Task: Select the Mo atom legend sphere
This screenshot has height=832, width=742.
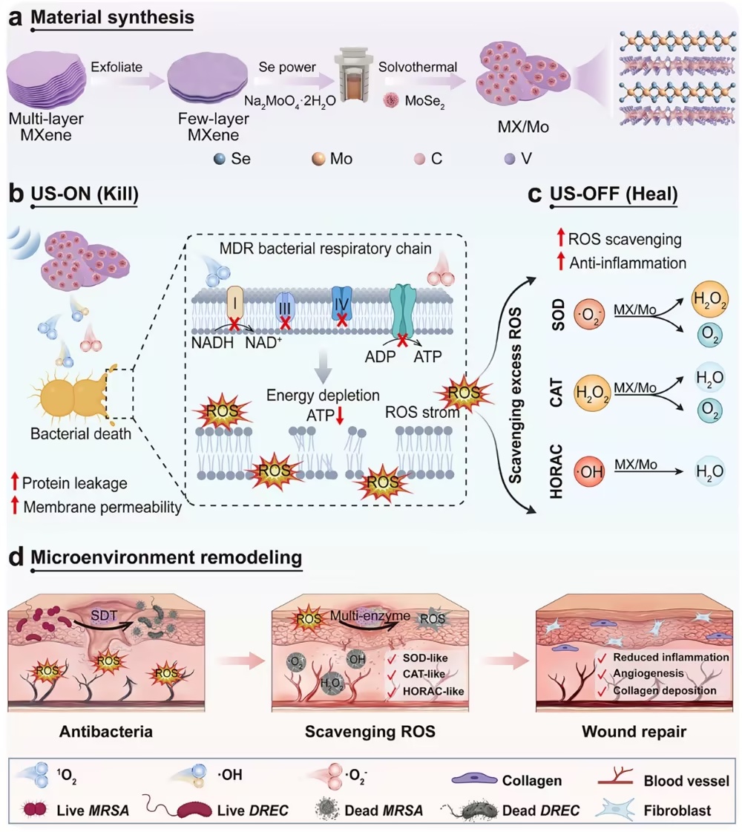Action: tap(318, 159)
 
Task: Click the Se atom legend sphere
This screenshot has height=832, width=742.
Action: tap(220, 159)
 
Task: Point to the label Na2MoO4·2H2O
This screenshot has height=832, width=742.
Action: tap(289, 101)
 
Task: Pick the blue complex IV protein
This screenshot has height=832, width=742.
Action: tap(341, 304)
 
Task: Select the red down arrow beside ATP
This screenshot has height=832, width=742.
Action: tap(340, 416)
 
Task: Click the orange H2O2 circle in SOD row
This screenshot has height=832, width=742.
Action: tap(710, 299)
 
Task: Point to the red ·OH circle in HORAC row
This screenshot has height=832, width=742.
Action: tap(590, 471)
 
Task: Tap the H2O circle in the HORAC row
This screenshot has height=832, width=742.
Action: tap(710, 471)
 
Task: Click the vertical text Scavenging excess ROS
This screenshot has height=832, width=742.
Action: tap(515, 396)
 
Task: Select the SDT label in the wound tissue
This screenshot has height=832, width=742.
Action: tap(104, 615)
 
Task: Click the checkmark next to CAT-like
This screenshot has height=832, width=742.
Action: tap(392, 675)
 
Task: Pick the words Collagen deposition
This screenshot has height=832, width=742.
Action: tap(665, 690)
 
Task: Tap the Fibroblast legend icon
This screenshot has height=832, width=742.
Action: tap(615, 810)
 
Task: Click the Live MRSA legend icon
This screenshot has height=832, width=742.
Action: tap(36, 810)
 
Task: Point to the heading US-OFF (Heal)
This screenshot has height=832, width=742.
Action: tap(614, 194)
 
